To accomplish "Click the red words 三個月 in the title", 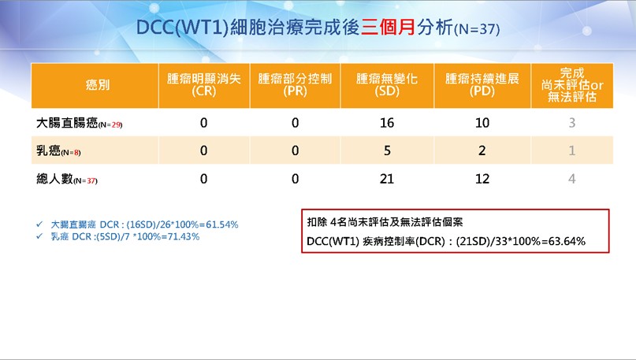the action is pos(389,28).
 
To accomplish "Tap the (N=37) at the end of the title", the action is pos(477,29).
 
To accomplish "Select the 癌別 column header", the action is pos(98,85).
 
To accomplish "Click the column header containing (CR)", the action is pos(204,85).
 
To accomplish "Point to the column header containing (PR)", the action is pos(295,85).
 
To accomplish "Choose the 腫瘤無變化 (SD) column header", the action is pos(387,85).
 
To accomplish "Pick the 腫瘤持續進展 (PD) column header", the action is pos(482,85).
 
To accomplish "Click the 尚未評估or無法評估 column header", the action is pos(572,85).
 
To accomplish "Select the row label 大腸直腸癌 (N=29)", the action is pos(79,123).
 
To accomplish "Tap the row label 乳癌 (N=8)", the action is pos(58,150).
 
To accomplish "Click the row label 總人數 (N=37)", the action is pos(67,179).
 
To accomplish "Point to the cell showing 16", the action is pos(387,123).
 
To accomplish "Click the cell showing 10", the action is pos(482,123).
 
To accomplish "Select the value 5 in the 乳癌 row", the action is pos(388,150).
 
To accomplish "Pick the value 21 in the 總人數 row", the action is pos(387,179).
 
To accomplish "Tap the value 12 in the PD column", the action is pos(482,179).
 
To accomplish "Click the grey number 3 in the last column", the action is pos(572,123).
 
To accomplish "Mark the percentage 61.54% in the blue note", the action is pos(222,225).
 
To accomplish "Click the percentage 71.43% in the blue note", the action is pos(183,237).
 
